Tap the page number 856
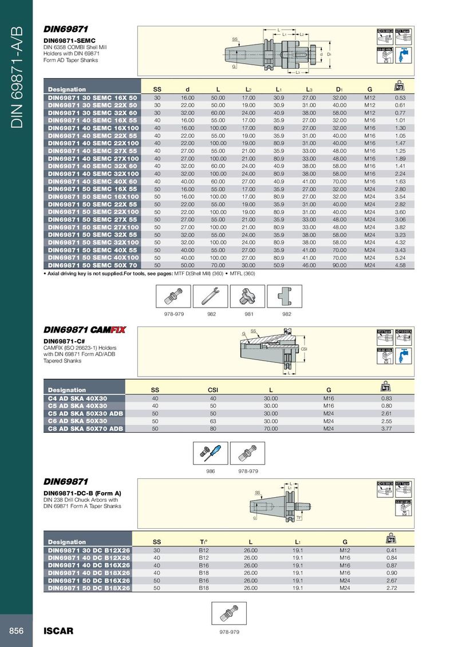[16, 631]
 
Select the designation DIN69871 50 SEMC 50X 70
[92, 265]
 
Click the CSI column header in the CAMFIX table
[212, 390]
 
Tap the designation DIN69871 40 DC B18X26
[89, 572]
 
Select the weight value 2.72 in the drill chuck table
[392, 588]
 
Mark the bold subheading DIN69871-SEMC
[69, 41]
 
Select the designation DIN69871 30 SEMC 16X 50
[92, 98]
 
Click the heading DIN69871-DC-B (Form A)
[82, 493]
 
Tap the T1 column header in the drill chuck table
[203, 542]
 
